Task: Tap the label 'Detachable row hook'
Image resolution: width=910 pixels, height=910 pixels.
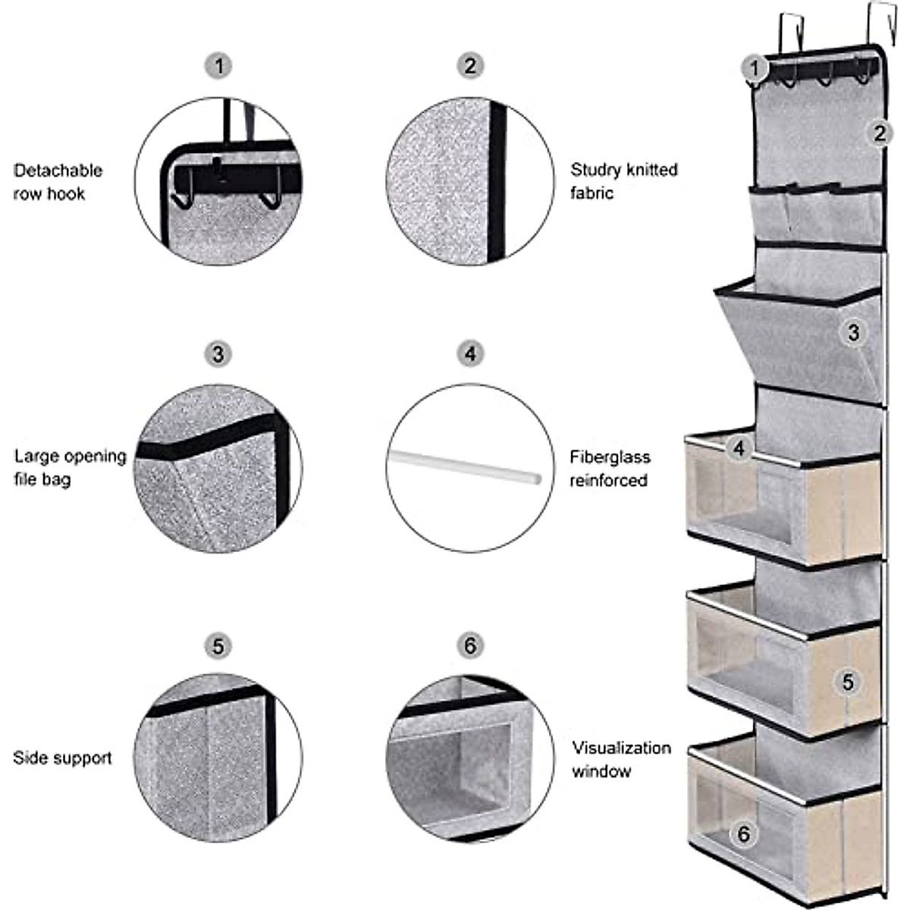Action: [x=58, y=182]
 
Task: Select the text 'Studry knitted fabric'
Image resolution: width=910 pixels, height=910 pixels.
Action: [x=623, y=181]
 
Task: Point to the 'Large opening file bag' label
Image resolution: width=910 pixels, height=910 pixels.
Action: [x=70, y=467]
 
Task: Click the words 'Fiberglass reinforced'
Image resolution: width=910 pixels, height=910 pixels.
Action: [x=610, y=469]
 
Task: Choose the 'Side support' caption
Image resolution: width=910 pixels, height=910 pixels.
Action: [x=62, y=758]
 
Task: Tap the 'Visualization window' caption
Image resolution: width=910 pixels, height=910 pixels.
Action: [x=621, y=759]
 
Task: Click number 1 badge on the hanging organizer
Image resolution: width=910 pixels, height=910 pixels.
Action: [x=754, y=68]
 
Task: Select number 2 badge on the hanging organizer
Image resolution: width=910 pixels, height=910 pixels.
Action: [x=879, y=133]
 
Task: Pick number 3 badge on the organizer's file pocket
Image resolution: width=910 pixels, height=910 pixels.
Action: [x=854, y=332]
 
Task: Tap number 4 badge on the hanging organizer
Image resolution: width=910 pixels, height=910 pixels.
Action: [x=739, y=448]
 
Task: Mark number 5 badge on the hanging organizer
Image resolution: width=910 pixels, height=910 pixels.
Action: [x=848, y=682]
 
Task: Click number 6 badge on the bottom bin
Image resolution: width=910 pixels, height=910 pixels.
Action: [x=743, y=834]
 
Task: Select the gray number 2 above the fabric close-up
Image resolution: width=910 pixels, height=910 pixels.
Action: [x=470, y=66]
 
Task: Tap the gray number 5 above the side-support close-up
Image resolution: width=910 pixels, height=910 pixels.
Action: [x=218, y=646]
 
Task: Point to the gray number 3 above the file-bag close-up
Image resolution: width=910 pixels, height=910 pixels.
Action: [x=218, y=354]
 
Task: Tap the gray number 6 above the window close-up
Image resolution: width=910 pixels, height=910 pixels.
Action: [x=470, y=646]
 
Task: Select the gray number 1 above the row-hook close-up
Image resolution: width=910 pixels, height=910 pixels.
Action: [x=218, y=66]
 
